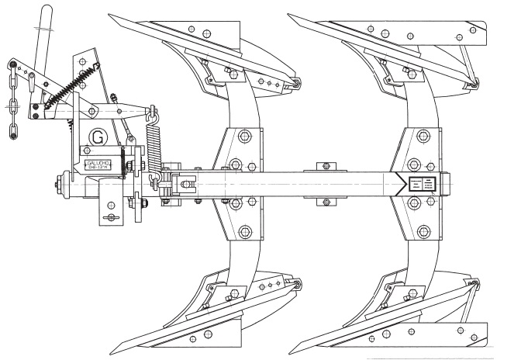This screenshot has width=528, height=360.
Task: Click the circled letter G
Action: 98,137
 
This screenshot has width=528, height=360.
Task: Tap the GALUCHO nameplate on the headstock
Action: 98,164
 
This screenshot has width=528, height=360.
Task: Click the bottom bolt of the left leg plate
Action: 246,231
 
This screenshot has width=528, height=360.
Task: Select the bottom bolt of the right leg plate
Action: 423,231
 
